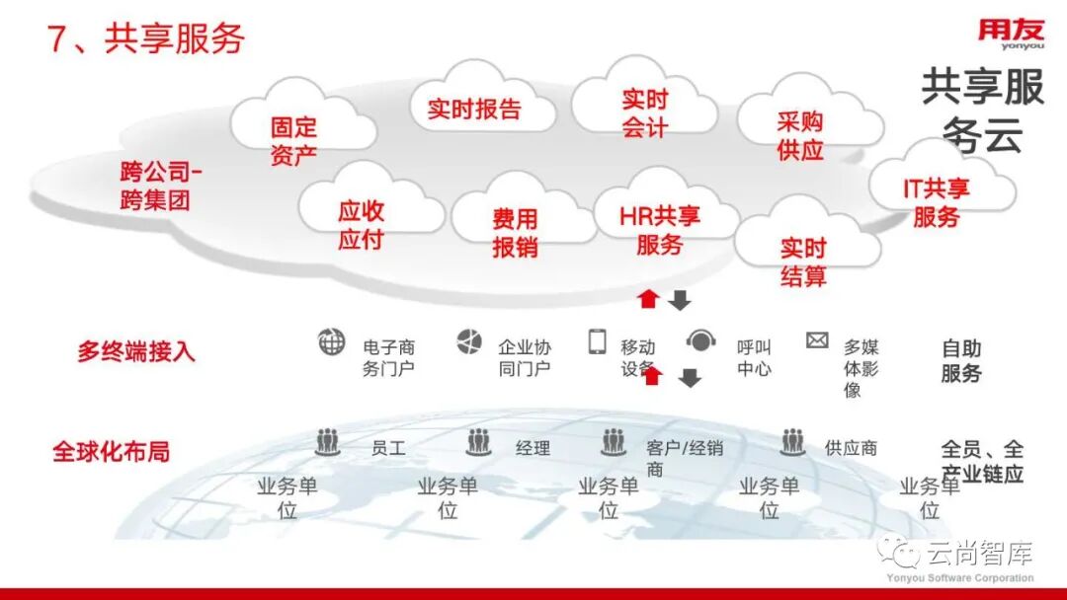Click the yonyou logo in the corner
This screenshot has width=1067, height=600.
(1011, 33)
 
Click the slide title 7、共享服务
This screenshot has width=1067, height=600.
(146, 38)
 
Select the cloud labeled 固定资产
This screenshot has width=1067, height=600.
(293, 140)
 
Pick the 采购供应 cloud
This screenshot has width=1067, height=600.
(800, 135)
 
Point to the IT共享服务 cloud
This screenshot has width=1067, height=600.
(936, 202)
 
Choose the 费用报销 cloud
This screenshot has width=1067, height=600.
(515, 233)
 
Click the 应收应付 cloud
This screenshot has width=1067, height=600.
(361, 225)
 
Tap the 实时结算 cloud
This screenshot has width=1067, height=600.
(803, 262)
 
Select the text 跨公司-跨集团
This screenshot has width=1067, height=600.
(159, 186)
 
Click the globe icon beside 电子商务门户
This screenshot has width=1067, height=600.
(331, 342)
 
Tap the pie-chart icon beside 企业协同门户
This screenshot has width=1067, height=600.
(468, 342)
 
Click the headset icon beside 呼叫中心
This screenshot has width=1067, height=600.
(700, 341)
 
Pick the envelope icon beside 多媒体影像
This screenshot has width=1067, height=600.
(817, 340)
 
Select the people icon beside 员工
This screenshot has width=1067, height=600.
(328, 442)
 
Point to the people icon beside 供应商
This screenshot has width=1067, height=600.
(792, 442)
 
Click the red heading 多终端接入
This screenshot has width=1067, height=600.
(136, 351)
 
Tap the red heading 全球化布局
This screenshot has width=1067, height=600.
(111, 452)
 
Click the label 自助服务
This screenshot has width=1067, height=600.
(961, 360)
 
